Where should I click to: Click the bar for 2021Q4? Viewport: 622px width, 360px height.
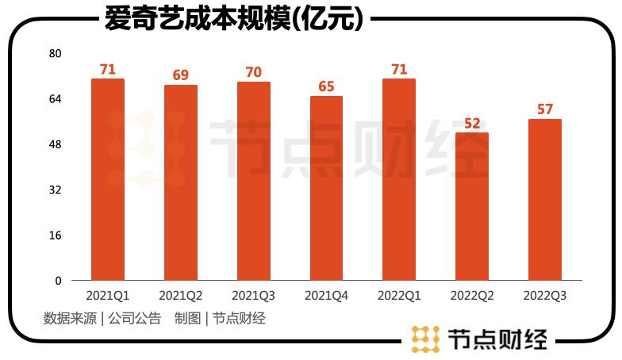(326, 188)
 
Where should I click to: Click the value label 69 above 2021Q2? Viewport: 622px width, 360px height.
(181, 76)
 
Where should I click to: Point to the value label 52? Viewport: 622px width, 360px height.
(472, 124)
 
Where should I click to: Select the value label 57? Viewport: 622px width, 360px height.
(545, 109)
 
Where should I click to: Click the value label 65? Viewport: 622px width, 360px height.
(326, 87)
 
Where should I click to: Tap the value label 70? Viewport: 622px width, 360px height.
(254, 73)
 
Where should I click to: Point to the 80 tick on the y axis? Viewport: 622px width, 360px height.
(55, 54)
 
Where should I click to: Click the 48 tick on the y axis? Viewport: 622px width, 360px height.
(55, 145)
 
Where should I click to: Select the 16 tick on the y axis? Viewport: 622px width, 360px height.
(55, 236)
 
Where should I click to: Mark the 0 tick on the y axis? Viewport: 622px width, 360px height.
(58, 281)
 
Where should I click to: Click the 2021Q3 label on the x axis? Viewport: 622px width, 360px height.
(254, 296)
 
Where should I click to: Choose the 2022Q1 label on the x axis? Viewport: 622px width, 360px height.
(399, 296)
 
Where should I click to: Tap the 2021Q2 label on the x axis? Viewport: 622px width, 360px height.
(181, 296)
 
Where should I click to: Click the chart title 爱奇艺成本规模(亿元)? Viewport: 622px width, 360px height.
(234, 19)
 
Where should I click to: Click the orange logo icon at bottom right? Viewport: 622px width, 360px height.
(426, 339)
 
